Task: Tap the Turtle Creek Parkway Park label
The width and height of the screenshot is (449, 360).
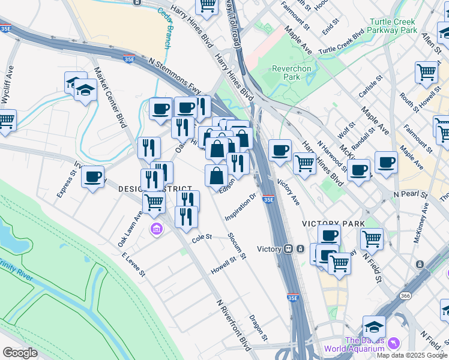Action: (x=393, y=25)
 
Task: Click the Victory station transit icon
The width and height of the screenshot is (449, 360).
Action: (x=289, y=248)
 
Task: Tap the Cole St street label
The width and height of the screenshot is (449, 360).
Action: (x=202, y=238)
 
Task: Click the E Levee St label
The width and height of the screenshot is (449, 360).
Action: (x=133, y=265)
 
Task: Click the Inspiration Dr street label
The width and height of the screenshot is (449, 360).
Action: (x=241, y=206)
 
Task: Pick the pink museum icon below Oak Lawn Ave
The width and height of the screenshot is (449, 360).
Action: (x=156, y=229)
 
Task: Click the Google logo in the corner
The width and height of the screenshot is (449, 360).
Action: (x=20, y=353)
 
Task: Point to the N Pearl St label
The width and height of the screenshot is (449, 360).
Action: (x=410, y=195)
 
